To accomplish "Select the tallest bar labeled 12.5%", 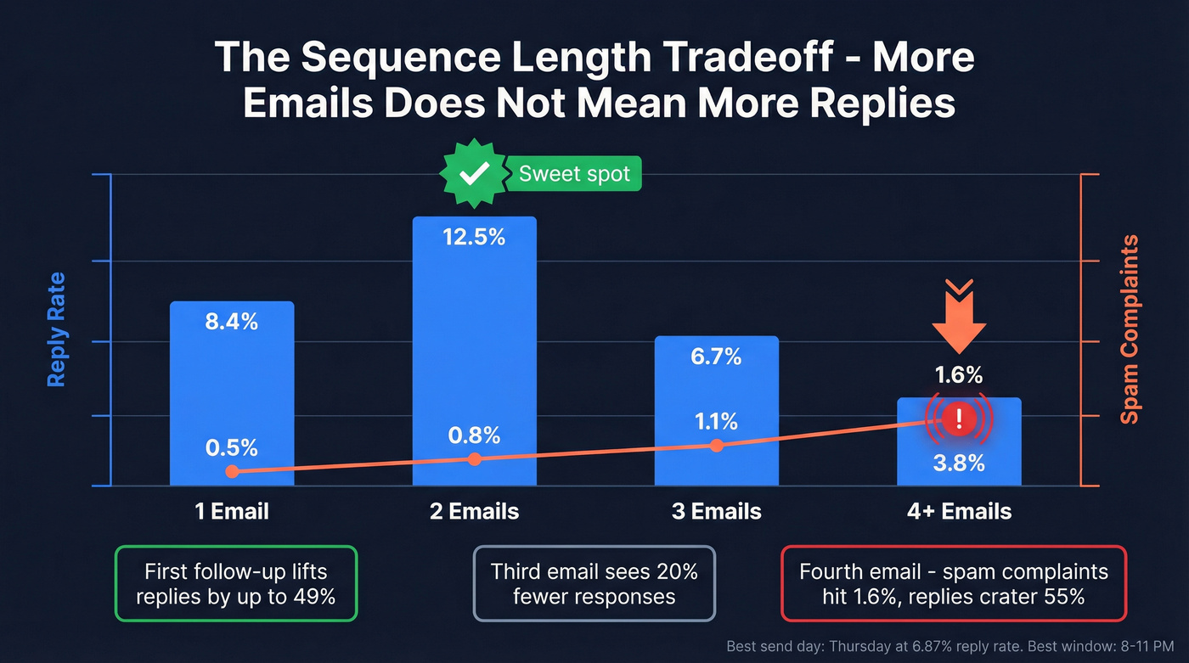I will (x=474, y=340).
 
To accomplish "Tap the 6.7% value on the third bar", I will (x=716, y=357).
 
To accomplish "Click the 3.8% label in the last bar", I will (x=959, y=463).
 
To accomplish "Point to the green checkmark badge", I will (x=472, y=175).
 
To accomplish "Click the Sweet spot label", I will (x=574, y=175).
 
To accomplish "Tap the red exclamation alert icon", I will (x=959, y=418).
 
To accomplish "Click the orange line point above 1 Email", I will (x=232, y=471).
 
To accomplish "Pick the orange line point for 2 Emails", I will (x=474, y=459).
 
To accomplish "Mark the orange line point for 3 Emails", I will (x=716, y=446).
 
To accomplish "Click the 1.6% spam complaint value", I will (x=959, y=374).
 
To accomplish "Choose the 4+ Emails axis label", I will (x=959, y=511).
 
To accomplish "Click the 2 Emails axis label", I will (x=474, y=511).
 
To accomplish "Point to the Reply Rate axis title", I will (x=57, y=329).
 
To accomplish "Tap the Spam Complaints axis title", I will (x=1130, y=329).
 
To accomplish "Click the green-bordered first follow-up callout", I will (x=236, y=583).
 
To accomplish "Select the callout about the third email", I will (x=594, y=583).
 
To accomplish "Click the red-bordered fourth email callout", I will (x=953, y=583).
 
